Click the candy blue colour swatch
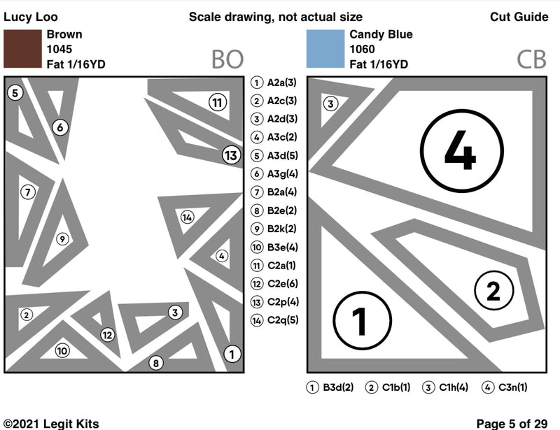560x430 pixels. click(x=327, y=49)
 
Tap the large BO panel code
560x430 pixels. click(x=227, y=60)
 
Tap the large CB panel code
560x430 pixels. click(x=531, y=60)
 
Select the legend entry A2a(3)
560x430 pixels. click(x=276, y=83)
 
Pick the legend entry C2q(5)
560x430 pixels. click(x=276, y=320)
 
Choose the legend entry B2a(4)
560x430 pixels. click(x=276, y=192)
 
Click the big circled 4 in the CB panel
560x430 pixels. click(x=460, y=154)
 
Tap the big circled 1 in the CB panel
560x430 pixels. click(x=360, y=321)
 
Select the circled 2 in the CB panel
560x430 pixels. click(x=493, y=290)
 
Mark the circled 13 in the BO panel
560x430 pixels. click(x=231, y=155)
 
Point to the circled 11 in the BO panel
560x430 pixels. click(x=218, y=103)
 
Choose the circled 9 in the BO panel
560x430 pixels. click(x=62, y=239)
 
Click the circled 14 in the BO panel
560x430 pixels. click(x=187, y=217)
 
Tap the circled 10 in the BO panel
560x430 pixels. click(x=62, y=351)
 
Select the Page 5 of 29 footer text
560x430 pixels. click(x=512, y=423)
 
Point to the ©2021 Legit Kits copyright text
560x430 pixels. click(x=51, y=423)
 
